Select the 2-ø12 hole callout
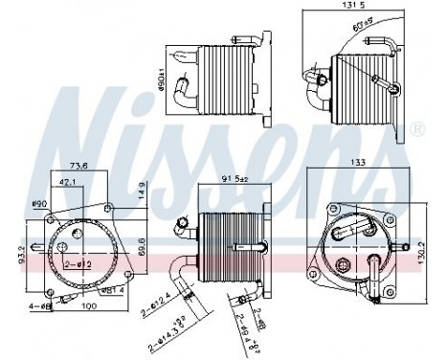pos(78,263)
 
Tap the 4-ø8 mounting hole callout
pos(39,307)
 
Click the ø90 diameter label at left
pos(40,204)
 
